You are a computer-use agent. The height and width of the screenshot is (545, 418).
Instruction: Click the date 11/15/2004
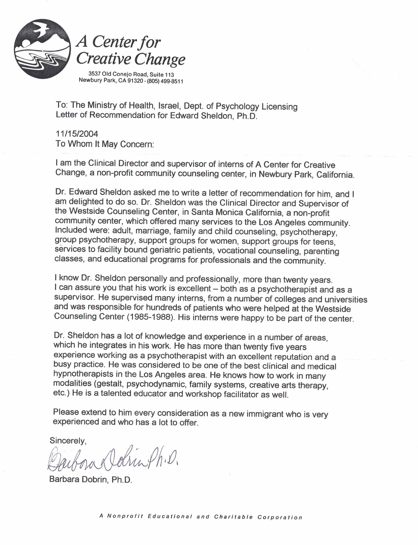(x=77, y=134)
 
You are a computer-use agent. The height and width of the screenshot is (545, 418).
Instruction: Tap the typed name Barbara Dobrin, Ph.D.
(x=91, y=479)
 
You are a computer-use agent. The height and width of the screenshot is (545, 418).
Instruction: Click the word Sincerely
(x=68, y=440)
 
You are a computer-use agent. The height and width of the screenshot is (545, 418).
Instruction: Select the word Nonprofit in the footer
(x=125, y=516)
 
